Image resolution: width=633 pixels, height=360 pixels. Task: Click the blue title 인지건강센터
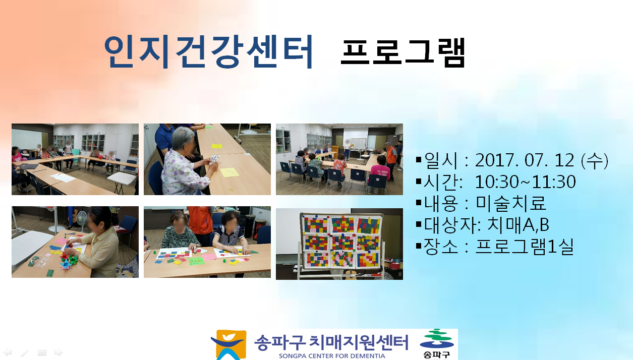point(208,52)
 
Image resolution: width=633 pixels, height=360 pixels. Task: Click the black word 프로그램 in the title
point(402,53)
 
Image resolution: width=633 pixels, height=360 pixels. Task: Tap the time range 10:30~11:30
point(525,182)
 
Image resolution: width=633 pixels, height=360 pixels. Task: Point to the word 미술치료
point(510,203)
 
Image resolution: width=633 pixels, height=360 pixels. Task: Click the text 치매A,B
point(518,225)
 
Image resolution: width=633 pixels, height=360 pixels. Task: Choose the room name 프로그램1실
point(525,247)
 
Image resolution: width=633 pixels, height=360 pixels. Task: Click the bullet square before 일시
point(419,160)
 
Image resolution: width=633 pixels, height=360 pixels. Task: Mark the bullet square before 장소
point(419,246)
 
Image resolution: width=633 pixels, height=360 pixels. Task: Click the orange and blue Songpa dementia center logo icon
point(229,345)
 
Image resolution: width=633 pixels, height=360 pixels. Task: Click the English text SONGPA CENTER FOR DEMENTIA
point(332,356)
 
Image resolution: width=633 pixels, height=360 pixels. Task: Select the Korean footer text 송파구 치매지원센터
point(331,342)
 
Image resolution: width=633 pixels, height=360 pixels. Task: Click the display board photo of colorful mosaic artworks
point(339,244)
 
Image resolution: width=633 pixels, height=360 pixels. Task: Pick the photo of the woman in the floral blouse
point(207,159)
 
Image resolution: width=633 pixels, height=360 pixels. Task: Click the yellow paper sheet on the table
point(229,172)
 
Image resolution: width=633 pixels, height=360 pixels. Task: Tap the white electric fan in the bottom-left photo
point(81,219)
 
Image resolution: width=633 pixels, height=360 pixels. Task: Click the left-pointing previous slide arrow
point(8,352)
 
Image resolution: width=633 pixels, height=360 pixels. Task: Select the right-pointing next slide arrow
point(59,352)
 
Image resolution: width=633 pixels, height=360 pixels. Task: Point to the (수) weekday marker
point(594,161)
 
